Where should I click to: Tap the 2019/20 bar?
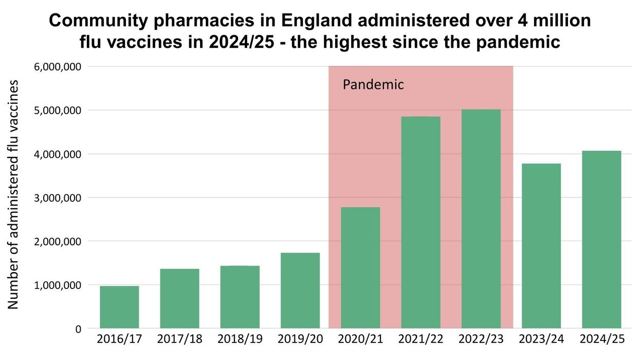pos(300,291)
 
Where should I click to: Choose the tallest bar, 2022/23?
pos(481,219)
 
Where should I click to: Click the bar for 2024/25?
pos(601,239)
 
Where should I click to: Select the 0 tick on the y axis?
pos(78,329)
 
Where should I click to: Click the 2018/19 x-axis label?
pos(240,340)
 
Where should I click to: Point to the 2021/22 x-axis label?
pos(420,340)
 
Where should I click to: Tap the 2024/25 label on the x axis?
pos(601,340)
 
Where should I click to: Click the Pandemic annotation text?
pos(373,84)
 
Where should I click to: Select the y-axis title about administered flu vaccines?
pos(14,194)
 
